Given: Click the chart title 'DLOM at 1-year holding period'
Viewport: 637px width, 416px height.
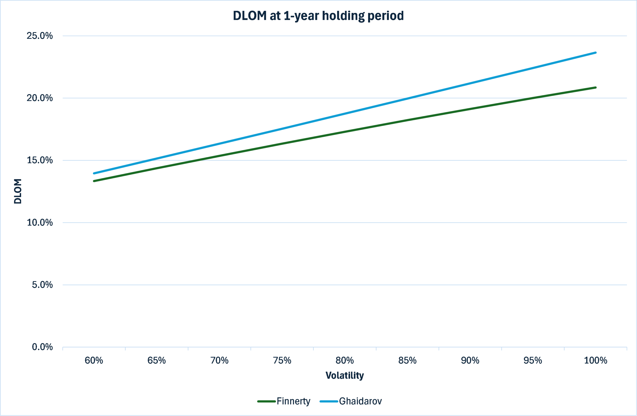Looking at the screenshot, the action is pos(318,16).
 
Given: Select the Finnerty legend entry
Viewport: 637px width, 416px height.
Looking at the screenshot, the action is pos(284,401).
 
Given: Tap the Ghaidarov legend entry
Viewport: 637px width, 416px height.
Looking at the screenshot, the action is pos(351,401).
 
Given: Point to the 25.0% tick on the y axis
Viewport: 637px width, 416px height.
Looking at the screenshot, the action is pos(40,36).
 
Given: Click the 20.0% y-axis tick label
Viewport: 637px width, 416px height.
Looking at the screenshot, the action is pos(40,98).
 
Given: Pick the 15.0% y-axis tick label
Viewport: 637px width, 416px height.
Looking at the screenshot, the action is pos(40,160).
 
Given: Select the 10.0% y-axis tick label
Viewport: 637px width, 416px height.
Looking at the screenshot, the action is pos(40,223).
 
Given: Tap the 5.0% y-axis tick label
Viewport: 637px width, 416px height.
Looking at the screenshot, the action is pos(42,285).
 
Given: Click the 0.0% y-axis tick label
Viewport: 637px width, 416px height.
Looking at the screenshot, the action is pos(42,347).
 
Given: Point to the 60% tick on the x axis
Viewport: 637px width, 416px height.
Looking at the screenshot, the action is pos(94,360).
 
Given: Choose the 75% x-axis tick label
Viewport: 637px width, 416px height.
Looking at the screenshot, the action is pos(282,360).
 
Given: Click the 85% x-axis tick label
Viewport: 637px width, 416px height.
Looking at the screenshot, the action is pos(407,360).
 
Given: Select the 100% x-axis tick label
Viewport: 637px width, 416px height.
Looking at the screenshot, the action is pos(595,360).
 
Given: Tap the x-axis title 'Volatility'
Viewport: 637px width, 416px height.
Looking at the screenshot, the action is pos(345,376).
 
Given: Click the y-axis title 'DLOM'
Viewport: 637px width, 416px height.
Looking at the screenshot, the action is pos(18,191).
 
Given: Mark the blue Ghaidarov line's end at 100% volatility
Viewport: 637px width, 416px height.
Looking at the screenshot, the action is pos(596,53).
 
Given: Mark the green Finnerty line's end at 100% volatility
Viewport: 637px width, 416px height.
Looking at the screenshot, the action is pos(596,88).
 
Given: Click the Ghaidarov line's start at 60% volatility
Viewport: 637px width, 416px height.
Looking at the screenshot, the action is pos(94,174).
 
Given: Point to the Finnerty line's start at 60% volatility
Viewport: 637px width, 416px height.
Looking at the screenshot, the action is pos(94,181).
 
